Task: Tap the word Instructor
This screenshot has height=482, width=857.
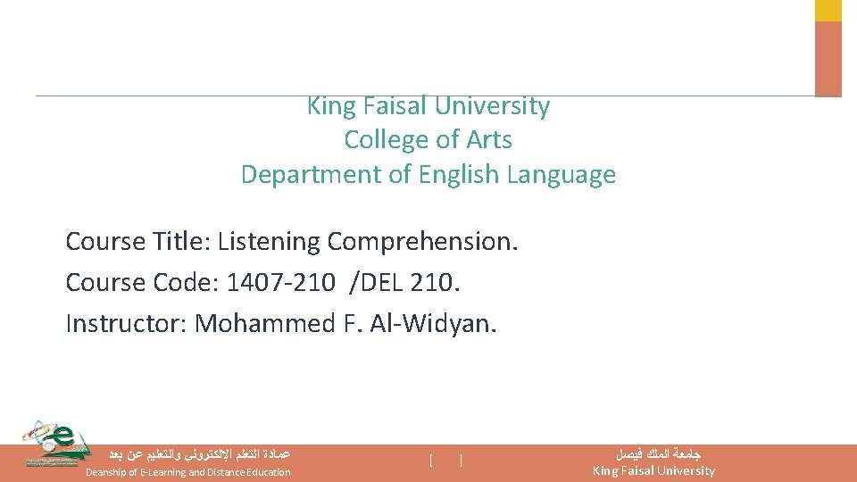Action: (x=125, y=324)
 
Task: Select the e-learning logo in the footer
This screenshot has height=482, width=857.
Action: (x=55, y=444)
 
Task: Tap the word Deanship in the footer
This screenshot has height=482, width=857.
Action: (x=109, y=472)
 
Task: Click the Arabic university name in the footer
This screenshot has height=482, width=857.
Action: (x=653, y=454)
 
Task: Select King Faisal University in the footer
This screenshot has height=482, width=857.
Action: (x=653, y=470)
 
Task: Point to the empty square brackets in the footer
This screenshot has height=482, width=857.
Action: (x=445, y=461)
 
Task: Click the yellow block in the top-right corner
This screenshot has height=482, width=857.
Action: (x=828, y=10)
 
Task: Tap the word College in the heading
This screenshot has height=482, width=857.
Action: (x=379, y=140)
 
